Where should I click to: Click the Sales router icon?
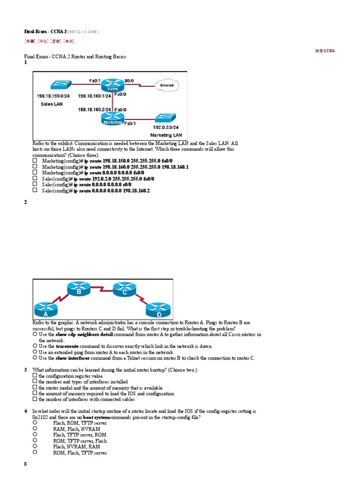pos(112,86)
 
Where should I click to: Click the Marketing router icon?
pos(112,120)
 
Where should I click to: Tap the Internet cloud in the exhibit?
pos(166,85)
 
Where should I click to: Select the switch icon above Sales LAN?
pos(54,84)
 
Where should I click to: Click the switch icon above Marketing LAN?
pos(166,117)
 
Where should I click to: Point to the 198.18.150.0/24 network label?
pos(53,96)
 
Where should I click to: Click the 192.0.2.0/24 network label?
pos(166,127)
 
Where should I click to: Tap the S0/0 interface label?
pos(129,81)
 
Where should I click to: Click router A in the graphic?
pos(46,310)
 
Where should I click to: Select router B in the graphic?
pos(78,289)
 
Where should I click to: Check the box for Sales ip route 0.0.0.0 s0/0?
pos(35,185)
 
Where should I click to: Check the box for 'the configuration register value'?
pos(35,376)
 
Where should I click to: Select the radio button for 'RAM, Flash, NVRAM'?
pos(35,428)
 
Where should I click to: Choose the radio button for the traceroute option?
pos(35,346)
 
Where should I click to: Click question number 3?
pos(26,370)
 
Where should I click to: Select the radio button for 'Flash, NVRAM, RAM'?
pos(35,447)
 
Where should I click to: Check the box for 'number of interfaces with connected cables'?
pos(35,399)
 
